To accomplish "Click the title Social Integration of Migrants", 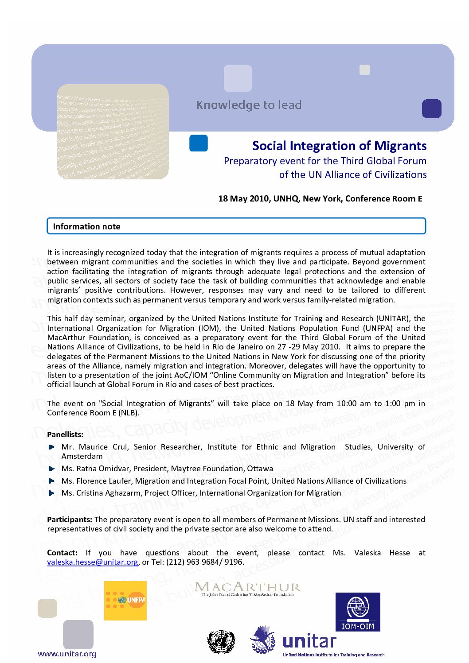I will [x=339, y=146].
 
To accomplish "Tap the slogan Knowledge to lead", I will [x=249, y=105].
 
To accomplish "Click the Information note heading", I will [x=86, y=226].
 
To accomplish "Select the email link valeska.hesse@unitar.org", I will [x=93, y=562].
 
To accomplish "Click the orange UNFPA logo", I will [x=125, y=600].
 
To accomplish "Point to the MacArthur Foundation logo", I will [x=248, y=589].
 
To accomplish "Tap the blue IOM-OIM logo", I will [x=358, y=612].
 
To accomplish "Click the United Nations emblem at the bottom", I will [x=221, y=642].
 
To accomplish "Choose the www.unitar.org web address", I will [x=67, y=654].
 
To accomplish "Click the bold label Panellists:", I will [x=65, y=434].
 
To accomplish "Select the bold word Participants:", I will [x=70, y=520].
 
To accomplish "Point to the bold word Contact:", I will [x=62, y=553].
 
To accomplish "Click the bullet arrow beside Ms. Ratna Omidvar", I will [x=52, y=469].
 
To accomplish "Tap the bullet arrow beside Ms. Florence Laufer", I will [x=52, y=481].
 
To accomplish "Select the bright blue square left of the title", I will [x=199, y=143].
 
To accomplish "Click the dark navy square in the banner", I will [x=431, y=109].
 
